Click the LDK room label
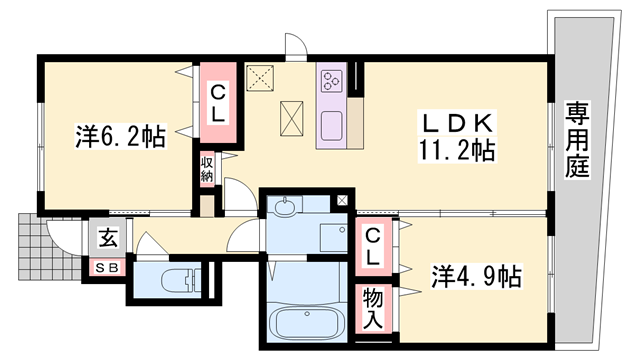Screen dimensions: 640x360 [x=457, y=122]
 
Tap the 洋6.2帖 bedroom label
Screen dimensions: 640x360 [x=120, y=136]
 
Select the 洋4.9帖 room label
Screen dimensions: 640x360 [x=476, y=276]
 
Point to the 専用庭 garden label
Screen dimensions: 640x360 [x=577, y=140]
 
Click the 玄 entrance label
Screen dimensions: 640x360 [x=108, y=238]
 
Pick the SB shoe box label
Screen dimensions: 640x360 [x=107, y=268]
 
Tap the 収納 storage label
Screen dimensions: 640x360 [x=207, y=169]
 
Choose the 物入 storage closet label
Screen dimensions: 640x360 [x=373, y=308]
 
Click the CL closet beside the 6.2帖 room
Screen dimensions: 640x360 [x=218, y=102]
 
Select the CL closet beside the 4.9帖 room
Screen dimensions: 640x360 [x=373, y=247]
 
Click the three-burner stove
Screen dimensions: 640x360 [x=331, y=81]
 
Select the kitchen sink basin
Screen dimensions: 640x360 [x=331, y=126]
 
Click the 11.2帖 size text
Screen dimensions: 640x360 [x=456, y=150]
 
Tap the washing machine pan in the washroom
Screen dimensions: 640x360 [x=333, y=237]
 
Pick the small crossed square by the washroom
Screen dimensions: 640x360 [x=342, y=200]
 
